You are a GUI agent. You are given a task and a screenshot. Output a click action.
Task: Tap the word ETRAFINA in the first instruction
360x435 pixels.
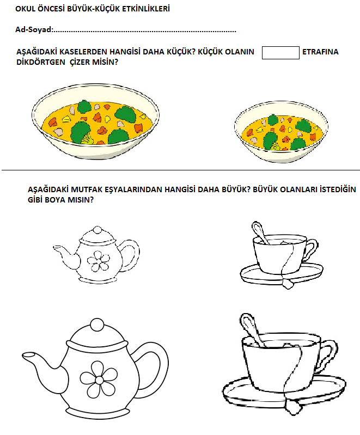click(320, 52)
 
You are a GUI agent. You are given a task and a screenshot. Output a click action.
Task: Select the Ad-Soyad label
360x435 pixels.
click(34, 29)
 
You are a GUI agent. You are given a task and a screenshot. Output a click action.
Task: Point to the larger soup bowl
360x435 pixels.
click(95, 121)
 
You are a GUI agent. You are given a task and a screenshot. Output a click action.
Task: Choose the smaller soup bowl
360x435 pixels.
click(281, 132)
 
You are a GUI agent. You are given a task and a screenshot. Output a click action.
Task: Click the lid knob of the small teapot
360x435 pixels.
click(97, 230)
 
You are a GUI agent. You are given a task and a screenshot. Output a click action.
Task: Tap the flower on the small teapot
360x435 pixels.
click(98, 261)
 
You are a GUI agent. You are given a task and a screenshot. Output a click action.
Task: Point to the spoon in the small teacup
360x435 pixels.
click(260, 232)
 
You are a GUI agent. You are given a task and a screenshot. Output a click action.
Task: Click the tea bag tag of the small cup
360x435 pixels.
click(288, 284)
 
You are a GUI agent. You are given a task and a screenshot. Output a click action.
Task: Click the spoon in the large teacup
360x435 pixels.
click(251, 330)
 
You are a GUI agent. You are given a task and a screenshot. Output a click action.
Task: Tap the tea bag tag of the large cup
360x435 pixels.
click(292, 407)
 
